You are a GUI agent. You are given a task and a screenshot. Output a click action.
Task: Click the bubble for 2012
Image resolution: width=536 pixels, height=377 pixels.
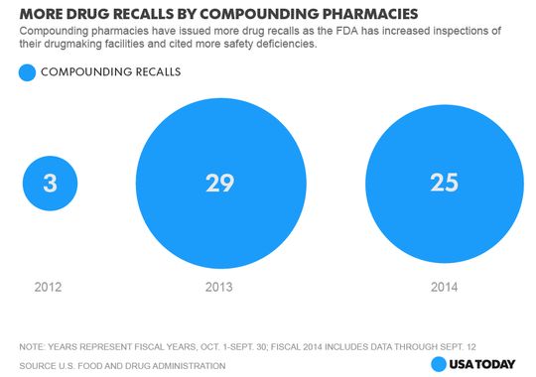[x=50, y=184]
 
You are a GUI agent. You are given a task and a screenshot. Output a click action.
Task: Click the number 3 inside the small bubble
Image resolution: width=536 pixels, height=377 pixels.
[x=50, y=184]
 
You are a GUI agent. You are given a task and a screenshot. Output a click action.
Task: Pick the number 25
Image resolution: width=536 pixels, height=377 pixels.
[x=444, y=183]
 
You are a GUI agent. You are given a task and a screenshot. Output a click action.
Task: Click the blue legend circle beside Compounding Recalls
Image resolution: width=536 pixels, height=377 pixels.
[x=28, y=71]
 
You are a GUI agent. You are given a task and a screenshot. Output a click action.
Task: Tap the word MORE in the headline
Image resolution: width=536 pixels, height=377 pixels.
[x=46, y=14]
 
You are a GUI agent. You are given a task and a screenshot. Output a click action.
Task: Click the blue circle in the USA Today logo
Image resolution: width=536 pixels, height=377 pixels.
[x=440, y=364]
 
